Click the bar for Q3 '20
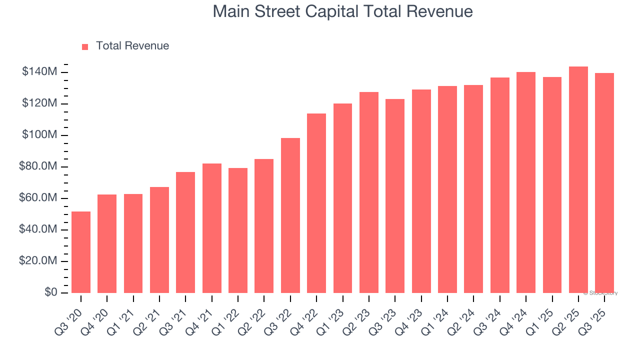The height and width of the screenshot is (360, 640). click(81, 252)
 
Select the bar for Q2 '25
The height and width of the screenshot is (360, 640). click(578, 179)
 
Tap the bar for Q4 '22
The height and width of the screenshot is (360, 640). click(316, 203)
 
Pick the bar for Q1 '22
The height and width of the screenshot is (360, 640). click(238, 230)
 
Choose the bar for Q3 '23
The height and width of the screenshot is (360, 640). click(395, 196)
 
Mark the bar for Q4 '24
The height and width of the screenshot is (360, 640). click(526, 182)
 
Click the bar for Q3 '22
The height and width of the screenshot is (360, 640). click(290, 215)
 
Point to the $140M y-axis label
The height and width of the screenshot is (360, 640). click(39, 72)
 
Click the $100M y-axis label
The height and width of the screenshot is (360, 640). click(39, 135)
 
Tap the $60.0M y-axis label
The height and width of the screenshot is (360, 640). click(38, 198)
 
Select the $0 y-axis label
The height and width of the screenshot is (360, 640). click(50, 292)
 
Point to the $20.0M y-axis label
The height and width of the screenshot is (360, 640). click(38, 261)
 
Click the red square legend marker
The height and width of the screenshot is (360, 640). click(85, 46)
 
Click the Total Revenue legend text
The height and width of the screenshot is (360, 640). click(132, 46)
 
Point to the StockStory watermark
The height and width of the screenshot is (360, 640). click(600, 293)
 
